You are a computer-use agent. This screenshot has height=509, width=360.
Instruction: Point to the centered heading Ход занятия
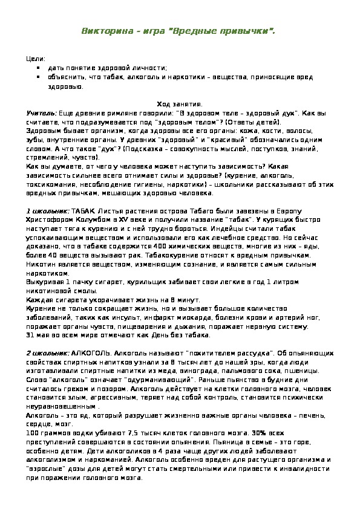(x=180, y=103)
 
